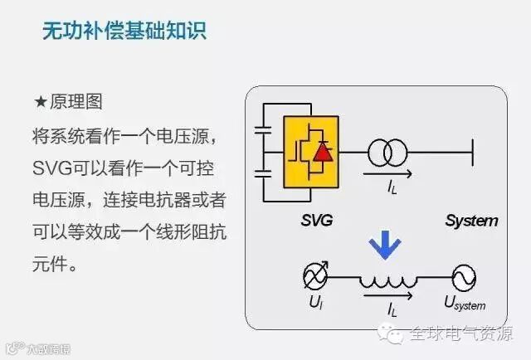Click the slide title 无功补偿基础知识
[x=124, y=32]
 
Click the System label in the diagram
[x=470, y=220]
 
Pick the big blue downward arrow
[x=384, y=245]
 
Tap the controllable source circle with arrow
[x=316, y=277]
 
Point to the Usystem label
[x=465, y=304]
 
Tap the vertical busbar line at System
[x=473, y=152]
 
